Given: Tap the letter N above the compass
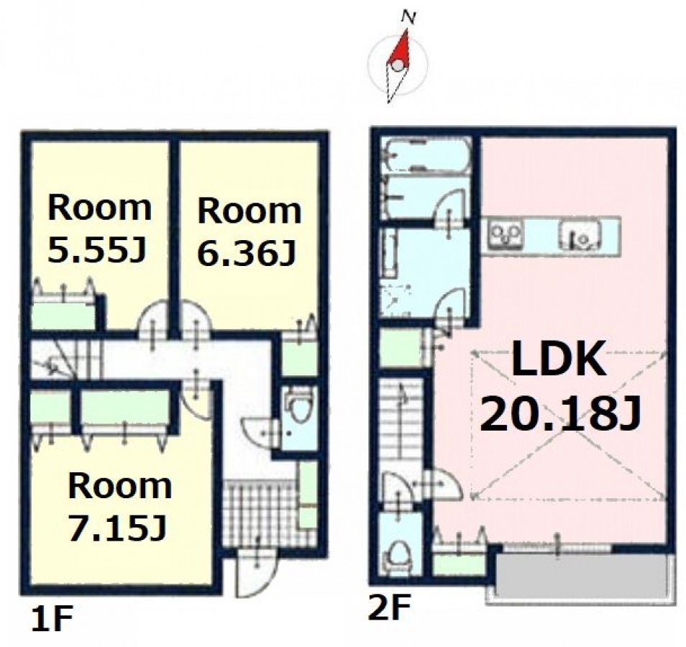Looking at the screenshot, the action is [408, 17].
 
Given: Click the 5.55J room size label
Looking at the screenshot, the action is [96, 251].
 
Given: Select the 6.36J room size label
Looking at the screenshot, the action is [245, 253].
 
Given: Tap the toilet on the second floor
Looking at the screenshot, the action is [399, 556].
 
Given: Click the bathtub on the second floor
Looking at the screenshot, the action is [426, 156].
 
